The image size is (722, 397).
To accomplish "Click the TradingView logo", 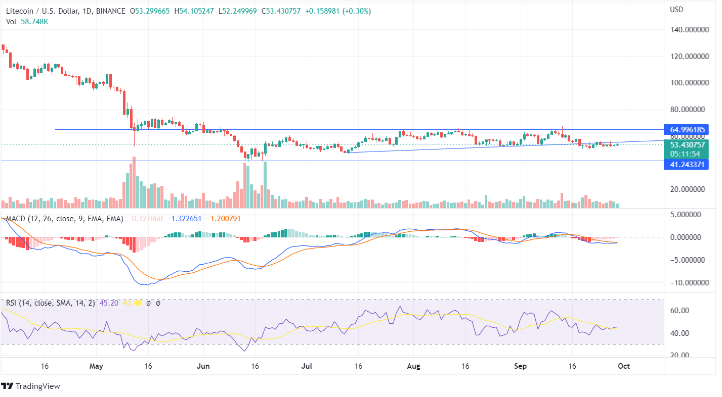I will click(x=31, y=386).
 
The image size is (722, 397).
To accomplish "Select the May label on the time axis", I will click(x=96, y=366).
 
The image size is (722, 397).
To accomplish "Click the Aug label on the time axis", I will click(x=414, y=366).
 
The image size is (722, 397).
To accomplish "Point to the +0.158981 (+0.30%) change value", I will click(x=338, y=11).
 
